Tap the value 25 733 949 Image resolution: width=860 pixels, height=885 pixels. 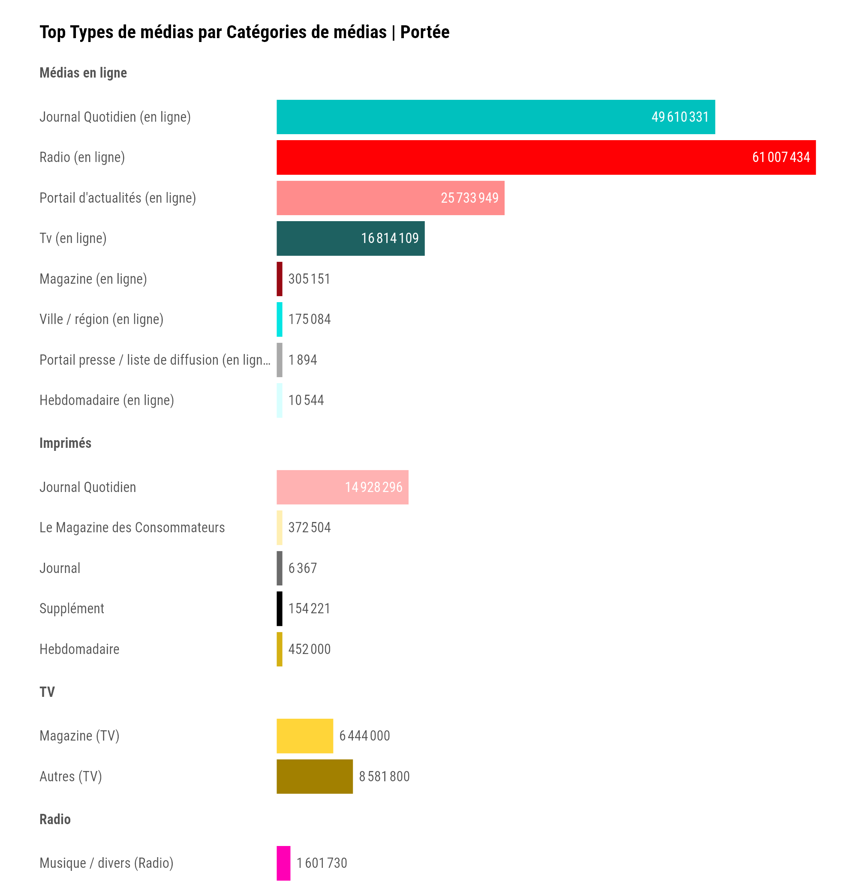(469, 198)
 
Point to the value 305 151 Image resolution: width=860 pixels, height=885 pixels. (309, 279)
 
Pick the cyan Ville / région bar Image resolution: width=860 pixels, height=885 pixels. (280, 319)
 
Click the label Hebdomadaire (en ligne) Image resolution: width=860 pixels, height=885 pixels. (107, 400)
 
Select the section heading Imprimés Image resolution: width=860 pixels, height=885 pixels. (65, 443)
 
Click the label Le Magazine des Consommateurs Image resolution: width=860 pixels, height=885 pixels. (132, 528)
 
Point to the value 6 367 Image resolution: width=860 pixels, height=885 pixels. (302, 568)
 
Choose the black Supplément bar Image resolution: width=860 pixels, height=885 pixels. (280, 609)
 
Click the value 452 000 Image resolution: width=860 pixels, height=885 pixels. (310, 649)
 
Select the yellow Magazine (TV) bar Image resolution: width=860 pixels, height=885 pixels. (304, 736)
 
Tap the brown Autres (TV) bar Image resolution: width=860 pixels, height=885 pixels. (314, 777)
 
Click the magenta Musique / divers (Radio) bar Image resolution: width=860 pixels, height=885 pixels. (283, 863)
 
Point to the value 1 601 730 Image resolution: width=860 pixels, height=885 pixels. (322, 863)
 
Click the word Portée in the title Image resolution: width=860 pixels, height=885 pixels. (424, 32)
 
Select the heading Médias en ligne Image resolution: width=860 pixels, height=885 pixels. (83, 73)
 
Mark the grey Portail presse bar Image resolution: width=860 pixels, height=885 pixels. (280, 360)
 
